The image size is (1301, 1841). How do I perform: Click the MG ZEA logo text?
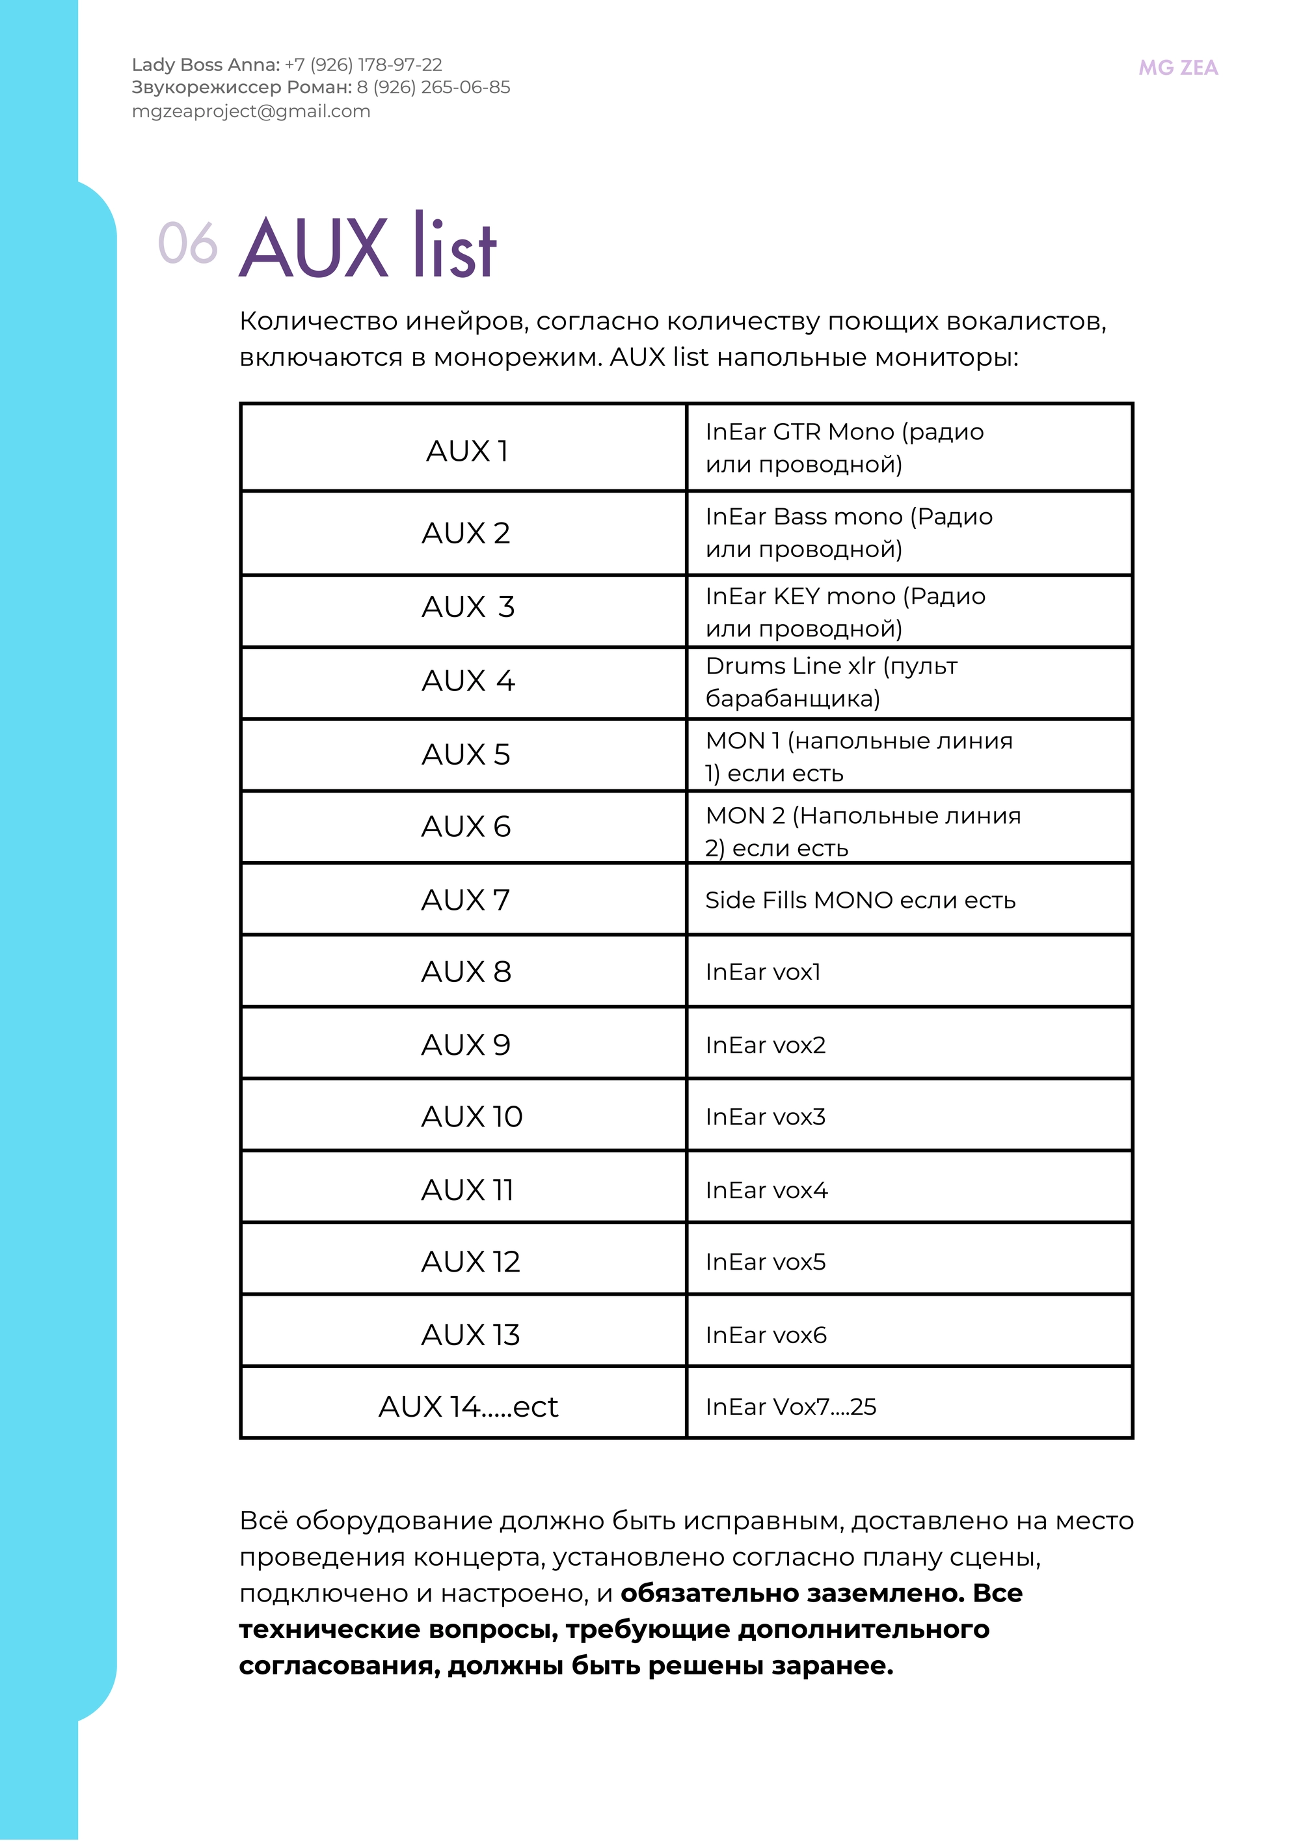[1177, 68]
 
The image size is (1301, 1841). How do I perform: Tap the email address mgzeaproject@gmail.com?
[251, 111]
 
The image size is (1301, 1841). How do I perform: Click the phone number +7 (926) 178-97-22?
[363, 65]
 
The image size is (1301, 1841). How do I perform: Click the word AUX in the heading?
[314, 249]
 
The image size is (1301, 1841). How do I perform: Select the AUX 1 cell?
[466, 450]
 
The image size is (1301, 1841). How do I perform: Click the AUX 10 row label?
[472, 1116]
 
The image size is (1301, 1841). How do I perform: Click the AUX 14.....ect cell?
[468, 1406]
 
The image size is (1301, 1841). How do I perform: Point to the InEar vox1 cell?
[763, 972]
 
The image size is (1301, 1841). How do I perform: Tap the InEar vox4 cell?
[766, 1190]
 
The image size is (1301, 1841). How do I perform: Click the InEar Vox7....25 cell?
[790, 1406]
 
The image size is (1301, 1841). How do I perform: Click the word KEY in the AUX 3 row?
[796, 597]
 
